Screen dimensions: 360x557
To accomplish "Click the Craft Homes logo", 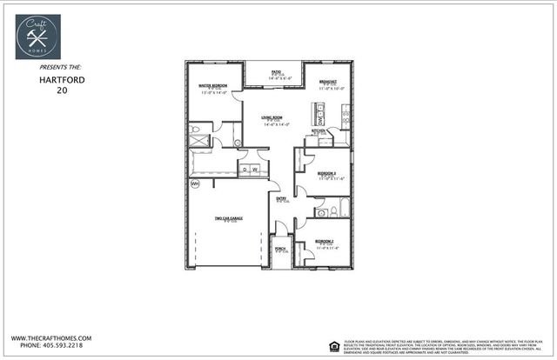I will point(38,37).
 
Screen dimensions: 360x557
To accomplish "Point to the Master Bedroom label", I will point(213,86).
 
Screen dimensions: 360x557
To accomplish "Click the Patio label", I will point(274,73).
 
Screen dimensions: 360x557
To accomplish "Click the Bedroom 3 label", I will point(326,174).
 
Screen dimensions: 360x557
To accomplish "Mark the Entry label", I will point(281,198).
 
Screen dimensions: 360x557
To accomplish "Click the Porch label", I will point(280,249).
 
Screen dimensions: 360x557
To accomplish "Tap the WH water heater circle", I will point(195,183).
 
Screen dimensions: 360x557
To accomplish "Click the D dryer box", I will point(245,170).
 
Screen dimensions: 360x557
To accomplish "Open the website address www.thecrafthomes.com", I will point(51,337).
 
